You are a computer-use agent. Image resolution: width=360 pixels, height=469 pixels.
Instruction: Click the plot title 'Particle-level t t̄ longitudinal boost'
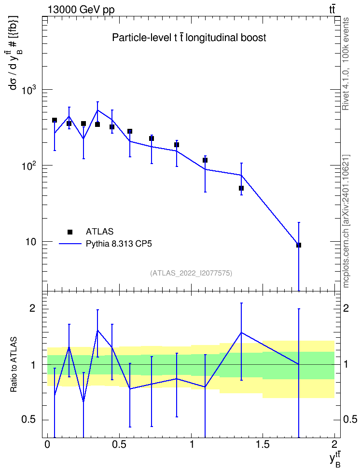189,38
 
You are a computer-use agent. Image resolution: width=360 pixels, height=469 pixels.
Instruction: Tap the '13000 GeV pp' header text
81,10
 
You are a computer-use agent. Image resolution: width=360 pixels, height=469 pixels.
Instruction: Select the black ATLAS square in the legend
70,232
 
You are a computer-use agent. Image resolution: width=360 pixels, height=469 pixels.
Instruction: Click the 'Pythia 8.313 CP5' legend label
119,244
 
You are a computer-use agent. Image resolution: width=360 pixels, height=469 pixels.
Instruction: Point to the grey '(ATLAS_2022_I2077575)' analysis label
191,273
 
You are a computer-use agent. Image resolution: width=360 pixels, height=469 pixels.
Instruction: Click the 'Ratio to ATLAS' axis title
14,364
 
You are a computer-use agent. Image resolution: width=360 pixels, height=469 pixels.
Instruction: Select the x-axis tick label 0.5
119,444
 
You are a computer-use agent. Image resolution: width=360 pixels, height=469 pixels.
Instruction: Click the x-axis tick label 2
334,444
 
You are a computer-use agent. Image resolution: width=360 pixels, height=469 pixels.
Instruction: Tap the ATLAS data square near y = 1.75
299,245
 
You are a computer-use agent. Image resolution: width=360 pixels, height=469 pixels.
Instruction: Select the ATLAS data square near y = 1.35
241,188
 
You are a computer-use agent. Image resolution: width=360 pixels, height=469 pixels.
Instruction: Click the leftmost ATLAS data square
55,120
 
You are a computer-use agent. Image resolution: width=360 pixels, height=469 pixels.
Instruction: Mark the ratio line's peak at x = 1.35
241,332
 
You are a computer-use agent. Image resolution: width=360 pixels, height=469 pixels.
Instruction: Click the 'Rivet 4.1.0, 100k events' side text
346,64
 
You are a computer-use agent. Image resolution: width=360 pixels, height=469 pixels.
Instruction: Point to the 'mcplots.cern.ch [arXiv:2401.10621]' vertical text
346,221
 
